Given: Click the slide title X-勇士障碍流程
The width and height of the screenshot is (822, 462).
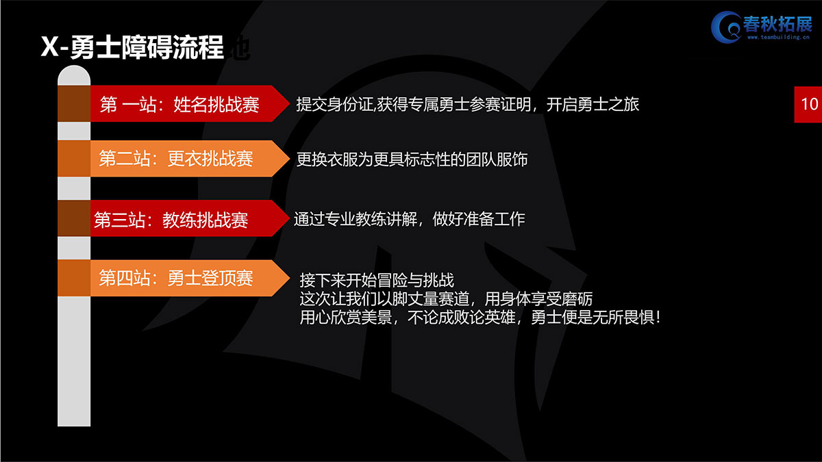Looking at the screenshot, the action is (132, 47).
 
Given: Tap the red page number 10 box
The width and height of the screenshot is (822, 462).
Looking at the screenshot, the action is (808, 105).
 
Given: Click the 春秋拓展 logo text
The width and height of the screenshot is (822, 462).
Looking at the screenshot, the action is (777, 25).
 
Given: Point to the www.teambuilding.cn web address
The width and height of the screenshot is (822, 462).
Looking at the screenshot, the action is (778, 37).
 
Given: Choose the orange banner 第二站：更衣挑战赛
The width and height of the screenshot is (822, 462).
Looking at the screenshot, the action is (190, 158).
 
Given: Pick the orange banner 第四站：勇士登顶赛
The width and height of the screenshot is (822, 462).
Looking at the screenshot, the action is (190, 278).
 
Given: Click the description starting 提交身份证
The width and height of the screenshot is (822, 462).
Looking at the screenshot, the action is (467, 104).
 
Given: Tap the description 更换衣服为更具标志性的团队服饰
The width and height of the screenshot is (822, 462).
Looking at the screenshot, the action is (412, 159).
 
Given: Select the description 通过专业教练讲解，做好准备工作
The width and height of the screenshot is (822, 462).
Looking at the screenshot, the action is (409, 219).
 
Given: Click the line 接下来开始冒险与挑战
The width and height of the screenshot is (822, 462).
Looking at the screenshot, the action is (377, 281).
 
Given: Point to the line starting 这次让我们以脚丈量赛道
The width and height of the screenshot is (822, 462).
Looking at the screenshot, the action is (446, 299).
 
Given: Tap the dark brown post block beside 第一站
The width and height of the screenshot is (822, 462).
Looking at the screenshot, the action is (74, 104).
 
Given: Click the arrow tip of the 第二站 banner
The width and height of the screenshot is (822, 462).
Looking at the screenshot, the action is (289, 158).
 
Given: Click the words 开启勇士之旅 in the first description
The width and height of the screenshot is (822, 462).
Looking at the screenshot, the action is (593, 104).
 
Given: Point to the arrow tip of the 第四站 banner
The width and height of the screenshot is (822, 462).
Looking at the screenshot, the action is (289, 278).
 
